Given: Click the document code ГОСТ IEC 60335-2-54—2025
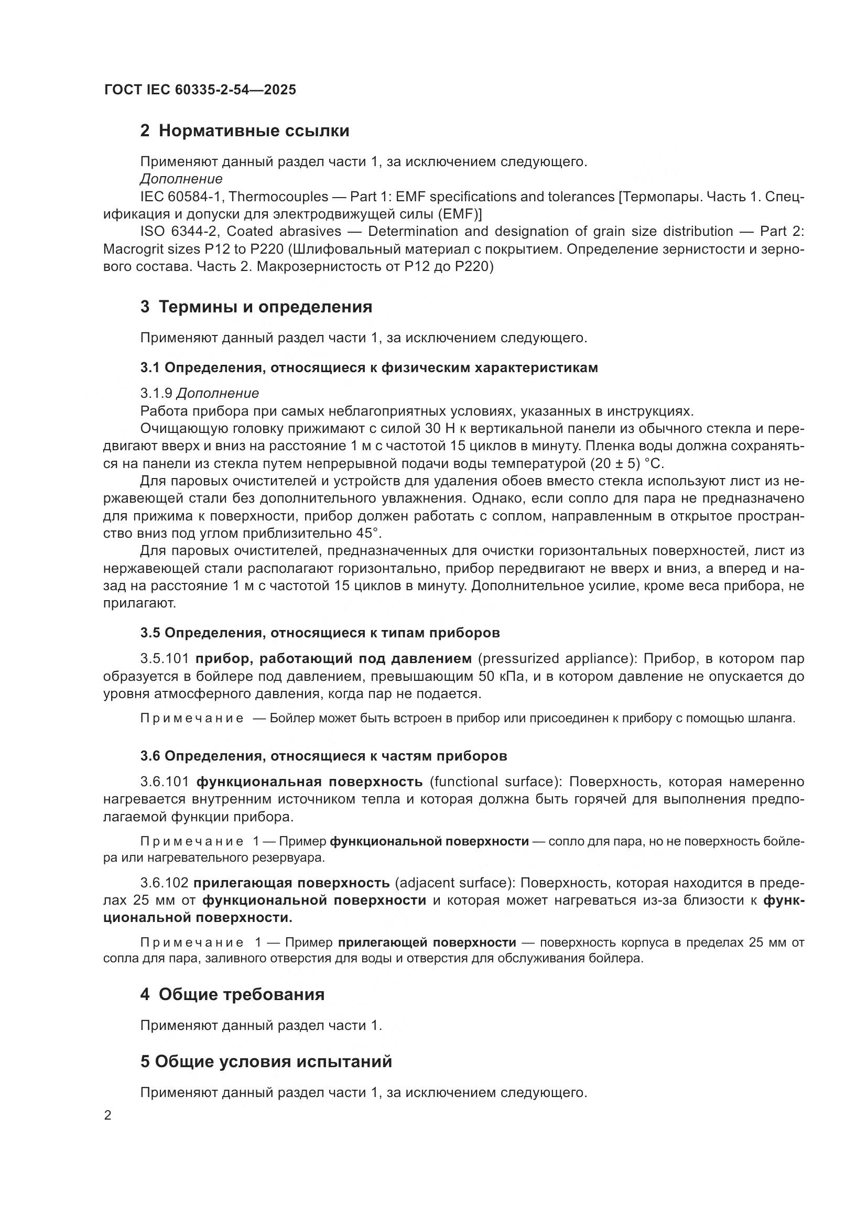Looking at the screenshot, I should [200, 90].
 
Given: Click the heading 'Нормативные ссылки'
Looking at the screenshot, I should [254, 131].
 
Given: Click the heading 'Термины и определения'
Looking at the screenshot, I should [265, 307].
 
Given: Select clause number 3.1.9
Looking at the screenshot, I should [156, 394].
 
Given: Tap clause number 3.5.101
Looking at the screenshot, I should [165, 658].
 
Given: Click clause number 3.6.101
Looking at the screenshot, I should [165, 782].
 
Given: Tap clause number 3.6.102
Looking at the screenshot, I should [165, 883].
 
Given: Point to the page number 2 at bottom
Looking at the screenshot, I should [108, 1116].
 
